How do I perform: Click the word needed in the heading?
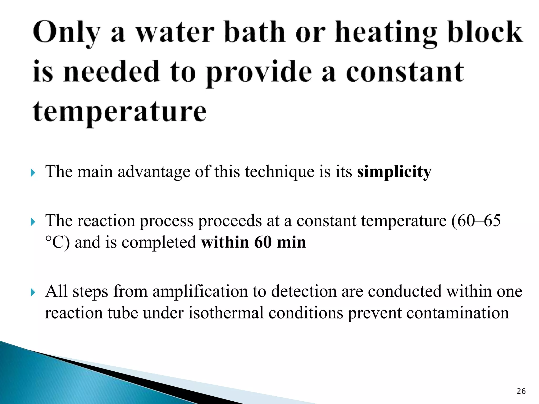click(112, 72)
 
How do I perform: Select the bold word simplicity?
click(394, 172)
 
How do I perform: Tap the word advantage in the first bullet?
click(154, 172)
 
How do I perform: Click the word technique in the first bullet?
click(280, 172)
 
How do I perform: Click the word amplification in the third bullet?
click(200, 291)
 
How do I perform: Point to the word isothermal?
click(226, 313)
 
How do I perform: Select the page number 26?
click(521, 391)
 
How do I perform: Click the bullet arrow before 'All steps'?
click(33, 292)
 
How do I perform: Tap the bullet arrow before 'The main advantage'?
click(33, 173)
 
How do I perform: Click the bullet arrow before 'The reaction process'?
click(33, 222)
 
